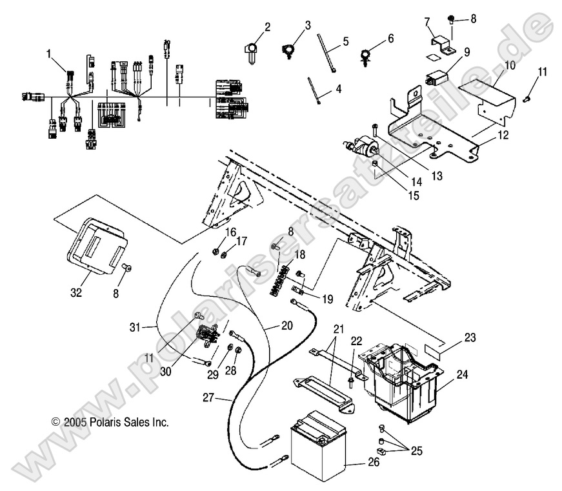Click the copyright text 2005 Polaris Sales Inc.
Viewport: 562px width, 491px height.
point(109,423)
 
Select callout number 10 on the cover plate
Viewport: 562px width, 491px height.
point(510,65)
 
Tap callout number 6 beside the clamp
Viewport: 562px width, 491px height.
point(390,39)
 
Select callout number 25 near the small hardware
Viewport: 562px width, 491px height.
point(417,450)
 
